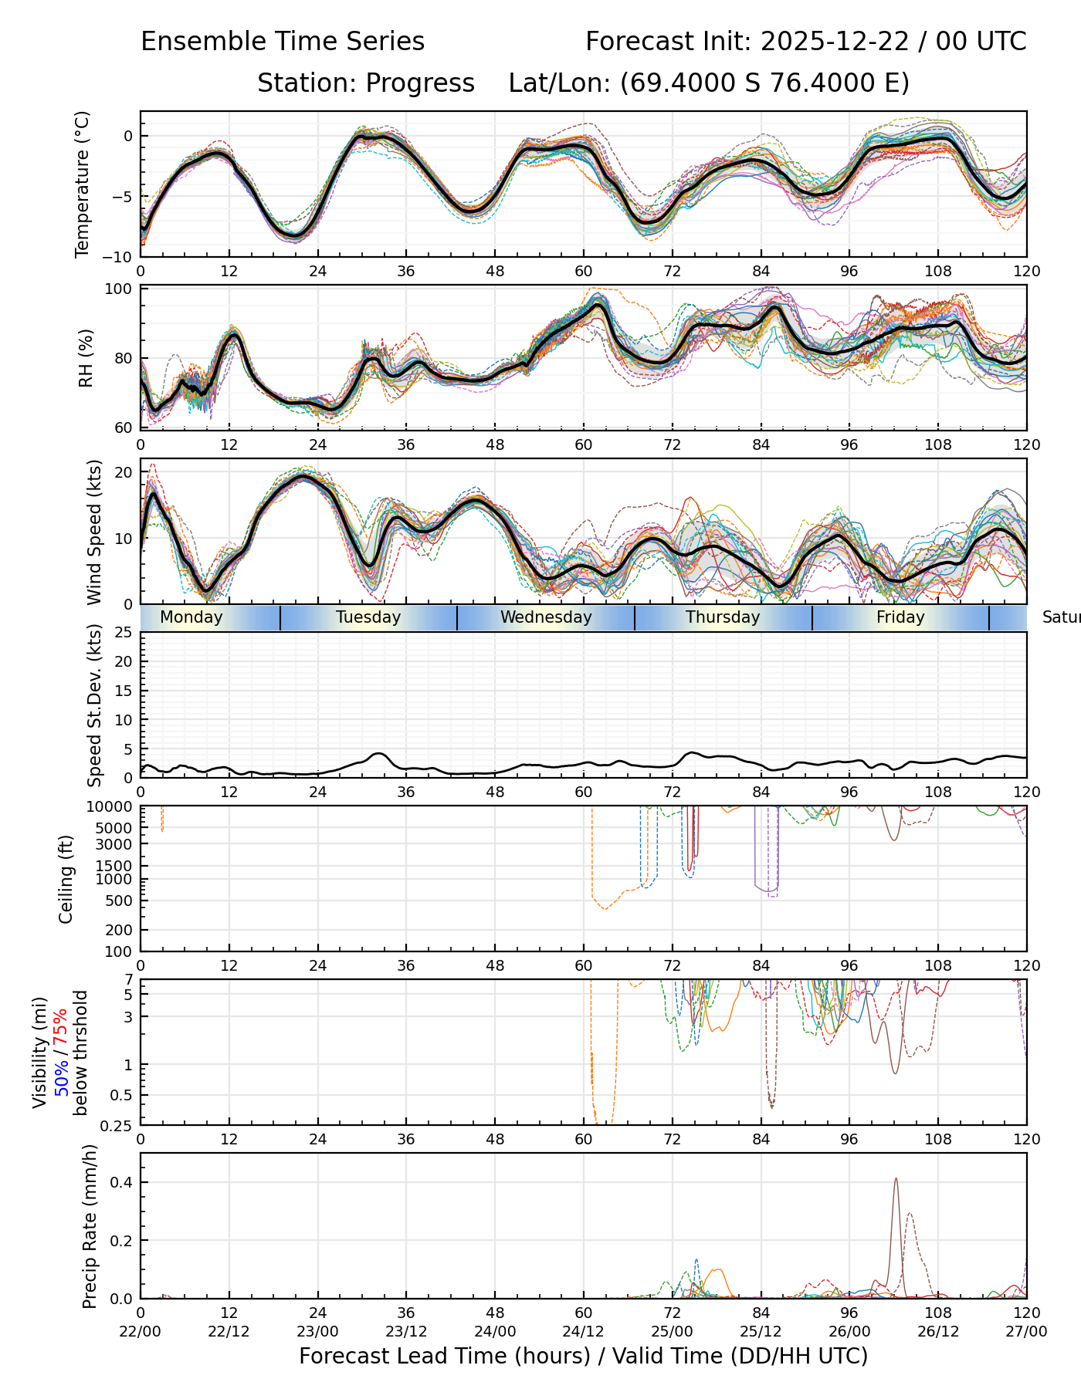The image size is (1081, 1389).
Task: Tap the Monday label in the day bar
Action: (191, 617)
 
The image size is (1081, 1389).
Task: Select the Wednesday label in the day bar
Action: (546, 617)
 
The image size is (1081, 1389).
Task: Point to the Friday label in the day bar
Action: (900, 617)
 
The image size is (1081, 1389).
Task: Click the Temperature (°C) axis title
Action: (83, 184)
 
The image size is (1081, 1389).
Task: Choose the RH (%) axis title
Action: (86, 358)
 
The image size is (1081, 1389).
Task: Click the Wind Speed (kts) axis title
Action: (94, 532)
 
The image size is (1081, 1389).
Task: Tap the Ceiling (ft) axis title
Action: (66, 878)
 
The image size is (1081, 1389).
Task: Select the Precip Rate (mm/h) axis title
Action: (90, 1226)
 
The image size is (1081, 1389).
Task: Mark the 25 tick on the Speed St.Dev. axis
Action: (124, 633)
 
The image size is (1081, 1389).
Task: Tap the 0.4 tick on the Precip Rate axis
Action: (124, 1183)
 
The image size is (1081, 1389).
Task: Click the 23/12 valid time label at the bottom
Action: (406, 1332)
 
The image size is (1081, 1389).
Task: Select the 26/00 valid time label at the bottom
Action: (849, 1332)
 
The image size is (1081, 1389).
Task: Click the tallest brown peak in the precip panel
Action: (896, 1179)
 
